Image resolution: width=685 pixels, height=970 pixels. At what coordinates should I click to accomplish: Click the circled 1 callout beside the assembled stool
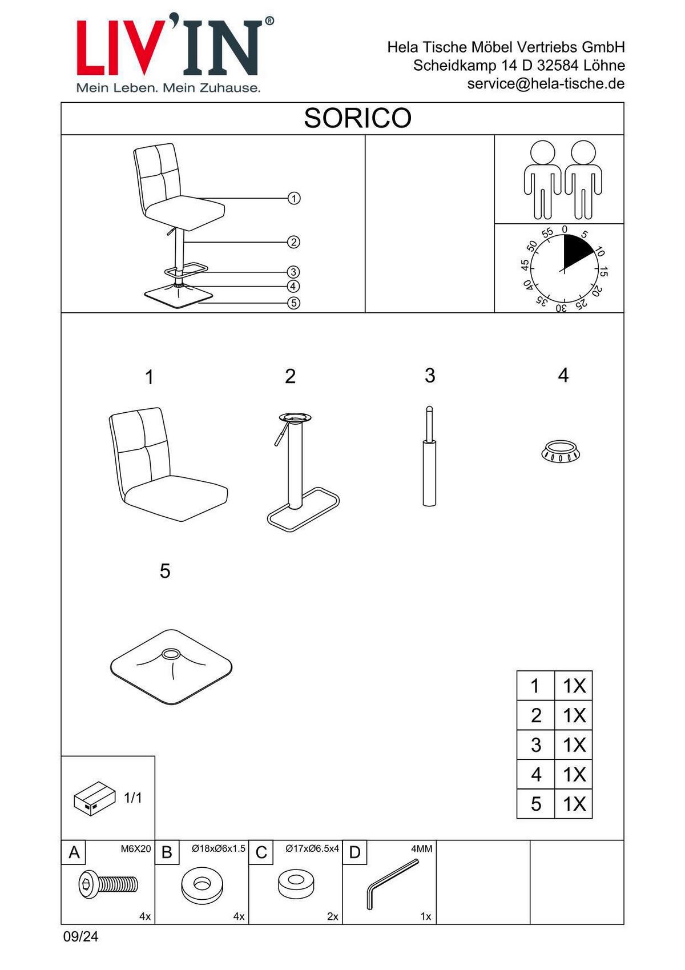(294, 198)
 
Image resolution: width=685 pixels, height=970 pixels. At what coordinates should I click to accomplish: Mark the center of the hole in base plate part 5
(171, 654)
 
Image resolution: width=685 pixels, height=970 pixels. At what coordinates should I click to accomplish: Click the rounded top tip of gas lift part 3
(429, 407)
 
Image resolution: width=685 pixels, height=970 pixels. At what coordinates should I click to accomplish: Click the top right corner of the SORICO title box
(624, 103)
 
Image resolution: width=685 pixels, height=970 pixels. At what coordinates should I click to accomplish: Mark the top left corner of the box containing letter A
(61, 840)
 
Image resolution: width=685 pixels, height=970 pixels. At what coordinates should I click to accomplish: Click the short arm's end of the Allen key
(370, 908)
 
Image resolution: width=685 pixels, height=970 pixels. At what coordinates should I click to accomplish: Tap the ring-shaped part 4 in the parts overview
(561, 452)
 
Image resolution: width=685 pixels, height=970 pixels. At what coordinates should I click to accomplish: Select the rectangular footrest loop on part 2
(303, 509)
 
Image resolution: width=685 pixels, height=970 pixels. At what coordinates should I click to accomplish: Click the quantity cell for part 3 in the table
(574, 745)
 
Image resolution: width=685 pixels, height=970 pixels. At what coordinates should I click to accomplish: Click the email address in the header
(546, 83)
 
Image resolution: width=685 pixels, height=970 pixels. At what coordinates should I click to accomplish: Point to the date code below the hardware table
(80, 937)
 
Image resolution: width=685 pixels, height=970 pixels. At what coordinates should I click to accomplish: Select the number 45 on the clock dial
(525, 264)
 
